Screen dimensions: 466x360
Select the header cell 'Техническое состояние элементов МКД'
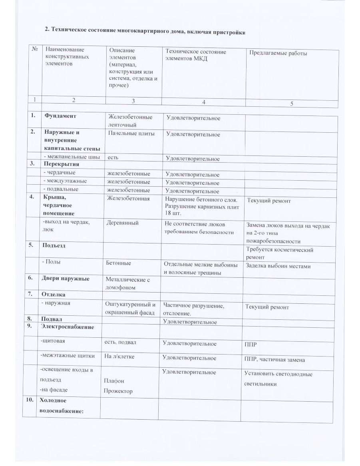click(x=196, y=55)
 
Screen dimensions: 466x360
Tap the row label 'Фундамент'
click(x=60, y=116)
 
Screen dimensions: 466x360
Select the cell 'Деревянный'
click(x=122, y=223)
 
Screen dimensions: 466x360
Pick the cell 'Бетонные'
click(x=118, y=263)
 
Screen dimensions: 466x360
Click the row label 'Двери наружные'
click(x=66, y=279)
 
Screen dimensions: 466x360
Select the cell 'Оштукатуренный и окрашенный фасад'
click(x=130, y=308)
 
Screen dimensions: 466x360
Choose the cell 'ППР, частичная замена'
click(x=274, y=360)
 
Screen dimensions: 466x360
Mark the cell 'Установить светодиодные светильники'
click(x=278, y=379)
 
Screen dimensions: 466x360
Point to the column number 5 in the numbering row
click(x=292, y=104)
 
